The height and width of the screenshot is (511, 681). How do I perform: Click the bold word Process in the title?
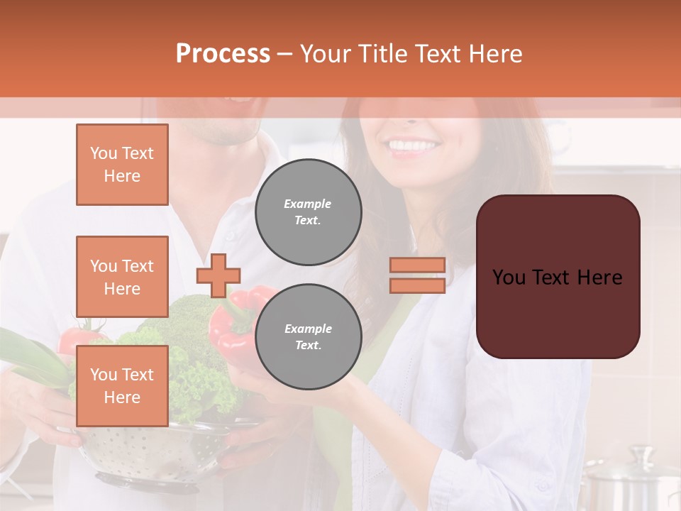click(223, 54)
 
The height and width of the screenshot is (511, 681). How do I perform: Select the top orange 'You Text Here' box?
click(122, 165)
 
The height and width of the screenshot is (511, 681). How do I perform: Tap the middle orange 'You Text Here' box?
click(122, 277)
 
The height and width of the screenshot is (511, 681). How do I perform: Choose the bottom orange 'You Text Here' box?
click(122, 386)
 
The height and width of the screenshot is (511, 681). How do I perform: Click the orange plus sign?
click(218, 275)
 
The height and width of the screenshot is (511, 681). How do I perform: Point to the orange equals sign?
click(417, 275)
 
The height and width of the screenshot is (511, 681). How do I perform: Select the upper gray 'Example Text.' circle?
click(308, 212)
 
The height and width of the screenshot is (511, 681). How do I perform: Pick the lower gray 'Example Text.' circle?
click(308, 337)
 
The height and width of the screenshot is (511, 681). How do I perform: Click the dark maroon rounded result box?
click(558, 277)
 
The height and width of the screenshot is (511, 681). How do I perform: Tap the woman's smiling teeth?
click(414, 146)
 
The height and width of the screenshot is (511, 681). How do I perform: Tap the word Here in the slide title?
click(496, 54)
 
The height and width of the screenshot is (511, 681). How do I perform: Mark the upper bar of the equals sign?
click(417, 265)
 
